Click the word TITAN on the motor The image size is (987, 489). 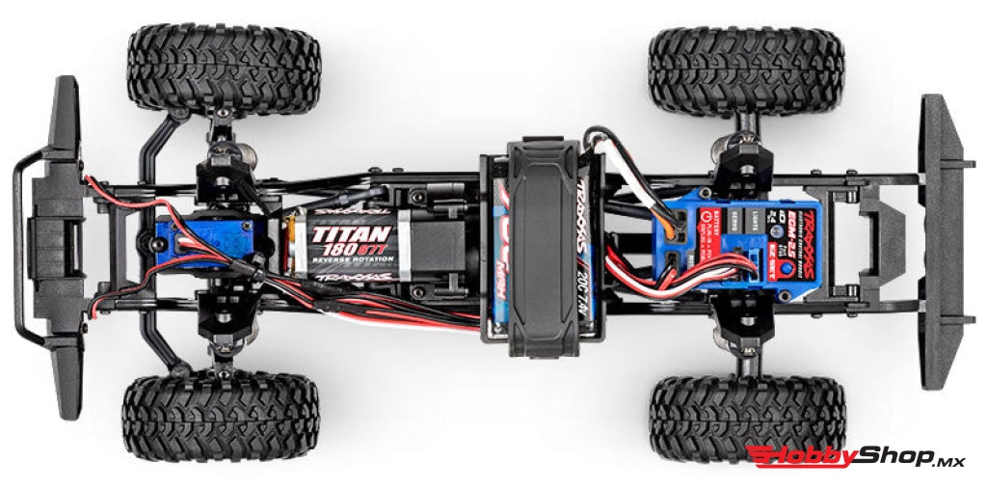tap(351, 233)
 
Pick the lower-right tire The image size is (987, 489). tap(747, 418)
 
